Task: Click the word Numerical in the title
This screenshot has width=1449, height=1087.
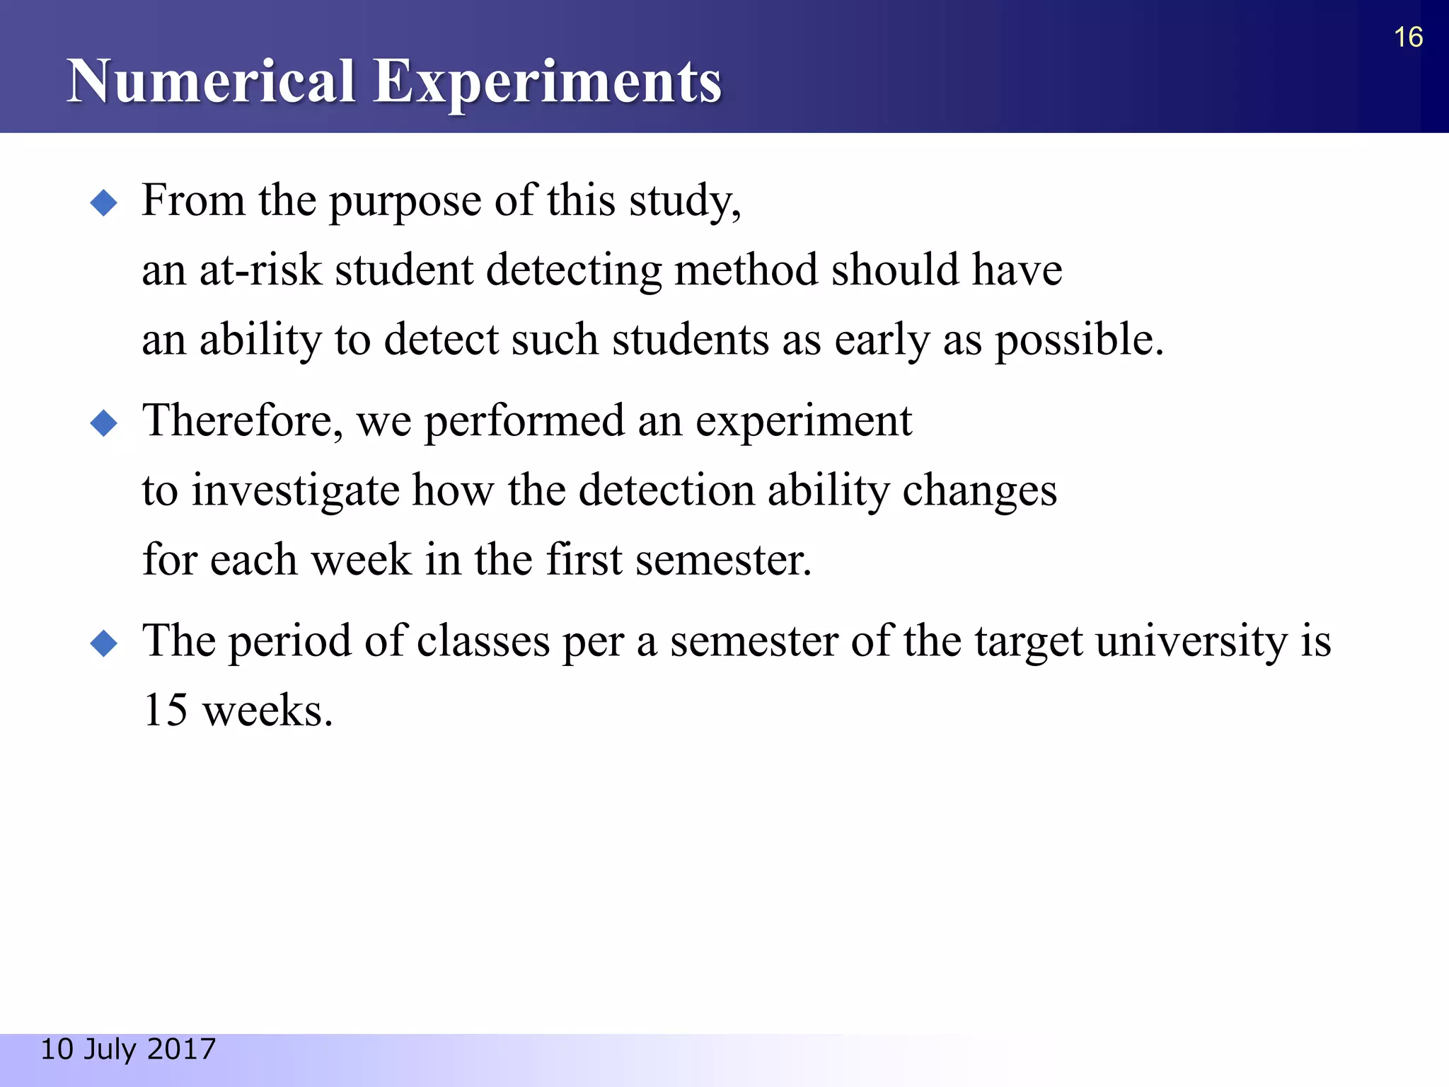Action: [x=210, y=81]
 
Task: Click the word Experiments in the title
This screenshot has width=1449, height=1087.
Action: [x=547, y=83]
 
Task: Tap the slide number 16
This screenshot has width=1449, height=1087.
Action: [x=1408, y=38]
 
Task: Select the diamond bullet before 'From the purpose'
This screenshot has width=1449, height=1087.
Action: [x=104, y=203]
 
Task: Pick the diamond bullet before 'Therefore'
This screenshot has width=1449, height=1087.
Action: [x=104, y=423]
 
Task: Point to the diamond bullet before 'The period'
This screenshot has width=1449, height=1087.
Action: [x=104, y=643]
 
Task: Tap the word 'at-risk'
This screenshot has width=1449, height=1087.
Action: [x=260, y=270]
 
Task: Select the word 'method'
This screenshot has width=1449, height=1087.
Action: [x=746, y=270]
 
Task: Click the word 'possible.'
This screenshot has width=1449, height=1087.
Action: [x=1079, y=340]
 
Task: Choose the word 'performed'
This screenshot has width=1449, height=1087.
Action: [x=524, y=421]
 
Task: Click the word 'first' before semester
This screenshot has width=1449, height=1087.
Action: [x=584, y=560]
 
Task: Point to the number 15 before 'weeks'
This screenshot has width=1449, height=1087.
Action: [x=165, y=711]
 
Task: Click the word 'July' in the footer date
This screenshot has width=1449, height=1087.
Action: [x=111, y=1049]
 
